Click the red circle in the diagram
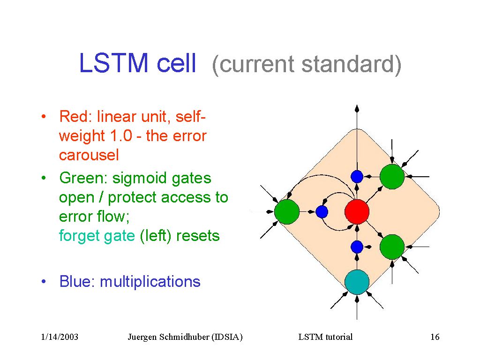coord(357,211)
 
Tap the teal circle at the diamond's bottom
coord(357,282)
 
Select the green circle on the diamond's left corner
coord(286,211)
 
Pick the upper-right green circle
coord(392,176)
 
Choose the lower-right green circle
coord(392,247)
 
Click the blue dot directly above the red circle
coord(357,176)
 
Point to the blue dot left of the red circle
coord(322,212)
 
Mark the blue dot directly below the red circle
coord(357,246)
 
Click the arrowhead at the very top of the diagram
coord(357,108)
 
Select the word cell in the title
coord(176,64)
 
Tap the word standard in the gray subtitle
coord(346,65)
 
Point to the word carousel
coord(89,155)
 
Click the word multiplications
coord(150,282)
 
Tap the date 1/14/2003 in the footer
coord(60,337)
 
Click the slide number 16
coord(435,337)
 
